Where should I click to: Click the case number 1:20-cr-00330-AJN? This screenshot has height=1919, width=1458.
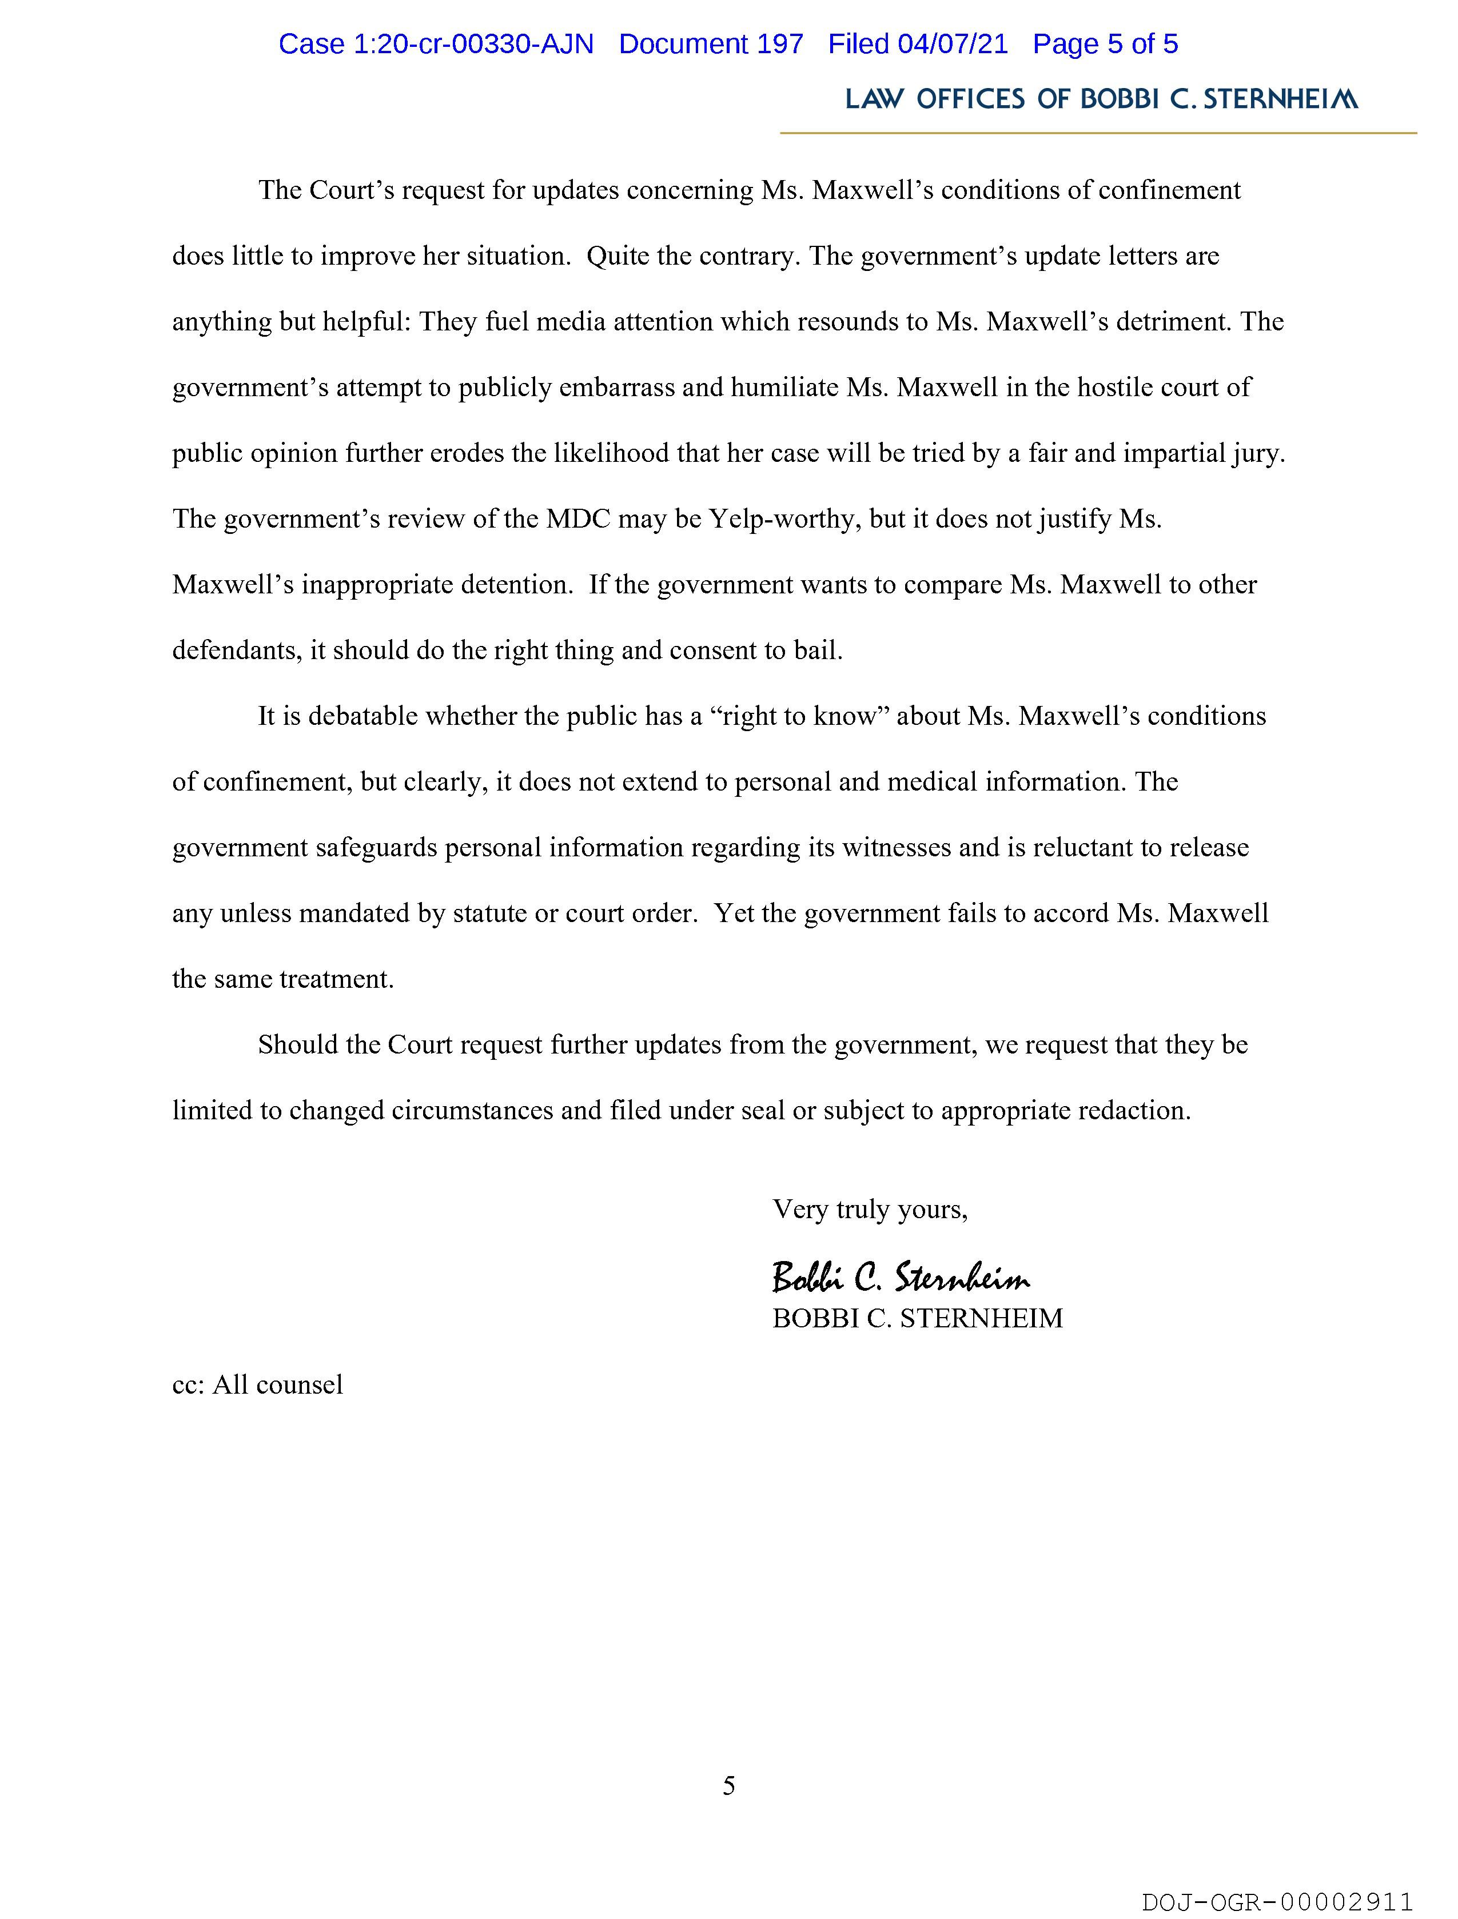click(x=436, y=44)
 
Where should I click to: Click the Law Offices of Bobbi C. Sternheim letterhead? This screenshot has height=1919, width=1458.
click(x=1101, y=100)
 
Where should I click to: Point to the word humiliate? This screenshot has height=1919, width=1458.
click(x=786, y=387)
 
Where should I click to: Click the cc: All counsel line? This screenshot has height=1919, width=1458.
click(x=258, y=1384)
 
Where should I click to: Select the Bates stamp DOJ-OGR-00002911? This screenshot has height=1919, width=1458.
click(x=1277, y=1902)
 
